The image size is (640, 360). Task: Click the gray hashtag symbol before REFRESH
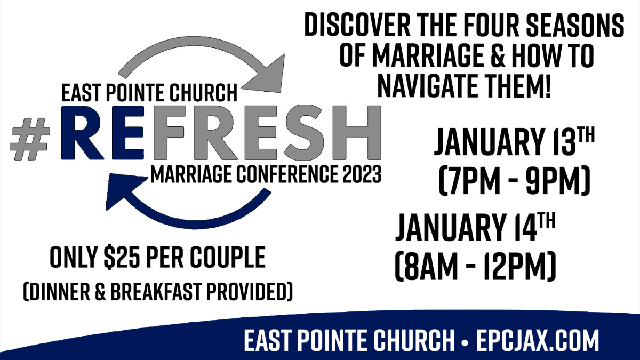[30, 139]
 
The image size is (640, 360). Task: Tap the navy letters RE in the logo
[102, 133]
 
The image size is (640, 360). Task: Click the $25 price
[123, 258]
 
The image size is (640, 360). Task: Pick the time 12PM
[514, 266]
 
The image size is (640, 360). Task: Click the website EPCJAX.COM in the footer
[537, 340]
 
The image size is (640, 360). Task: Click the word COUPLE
[228, 257]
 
